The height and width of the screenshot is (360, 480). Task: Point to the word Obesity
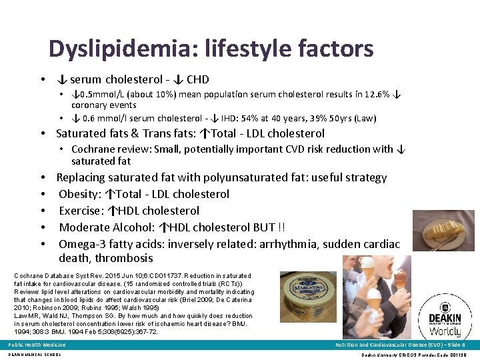point(79,194)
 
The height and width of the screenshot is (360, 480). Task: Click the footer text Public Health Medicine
point(37,345)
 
